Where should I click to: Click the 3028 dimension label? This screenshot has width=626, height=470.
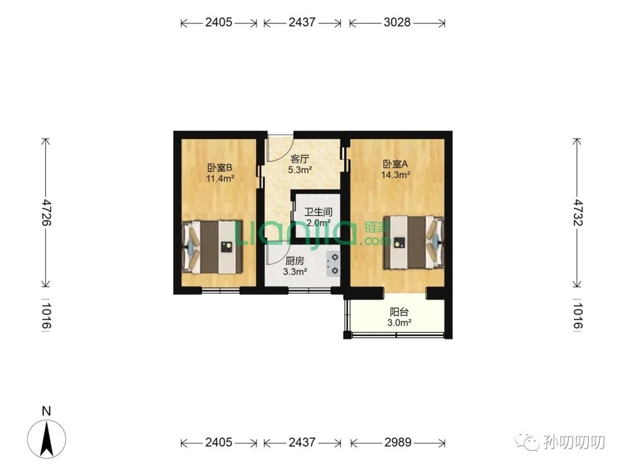coord(397,22)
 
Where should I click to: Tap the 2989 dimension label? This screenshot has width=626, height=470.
coord(398,442)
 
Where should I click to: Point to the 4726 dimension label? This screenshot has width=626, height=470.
coord(47,212)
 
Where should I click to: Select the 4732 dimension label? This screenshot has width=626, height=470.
coord(577,212)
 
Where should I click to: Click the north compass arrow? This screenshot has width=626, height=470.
coord(47,439)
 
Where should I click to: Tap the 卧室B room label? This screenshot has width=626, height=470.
coord(219,168)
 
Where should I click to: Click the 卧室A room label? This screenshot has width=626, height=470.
coord(395,164)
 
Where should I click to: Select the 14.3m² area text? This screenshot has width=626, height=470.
coord(396,175)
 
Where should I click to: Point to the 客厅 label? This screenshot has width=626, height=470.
coord(300,158)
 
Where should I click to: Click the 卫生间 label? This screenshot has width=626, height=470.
coord(318,211)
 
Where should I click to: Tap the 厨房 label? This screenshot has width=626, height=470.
coord(294,261)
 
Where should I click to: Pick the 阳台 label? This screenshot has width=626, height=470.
coord(399,312)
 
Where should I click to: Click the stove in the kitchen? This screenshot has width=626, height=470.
coord(333,264)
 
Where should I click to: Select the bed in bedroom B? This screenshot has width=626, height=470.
coord(212,247)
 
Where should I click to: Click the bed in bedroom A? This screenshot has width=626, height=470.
coord(414,242)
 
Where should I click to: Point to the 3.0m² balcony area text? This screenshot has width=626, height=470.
coord(399,323)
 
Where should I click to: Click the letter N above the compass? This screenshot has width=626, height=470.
coord(47,411)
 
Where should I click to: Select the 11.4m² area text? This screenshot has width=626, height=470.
coord(220,178)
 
